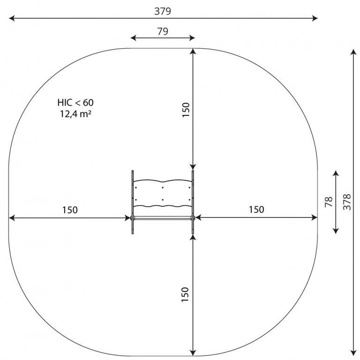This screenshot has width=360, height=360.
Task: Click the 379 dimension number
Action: pos(163,11)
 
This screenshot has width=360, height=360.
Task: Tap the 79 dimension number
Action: pos(163,31)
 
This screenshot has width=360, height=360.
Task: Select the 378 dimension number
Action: pos(347,202)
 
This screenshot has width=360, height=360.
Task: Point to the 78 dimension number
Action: pos(329,202)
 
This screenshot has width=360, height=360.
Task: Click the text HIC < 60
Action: pos(75,102)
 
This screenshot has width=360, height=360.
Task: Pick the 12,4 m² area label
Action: pos(75,114)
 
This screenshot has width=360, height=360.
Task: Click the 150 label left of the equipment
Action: pos(70,210)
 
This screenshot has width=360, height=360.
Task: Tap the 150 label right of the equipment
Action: pos(256,210)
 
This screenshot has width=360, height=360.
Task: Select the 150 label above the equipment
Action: pos(186,110)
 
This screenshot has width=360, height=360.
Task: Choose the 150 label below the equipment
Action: pos(185,294)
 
